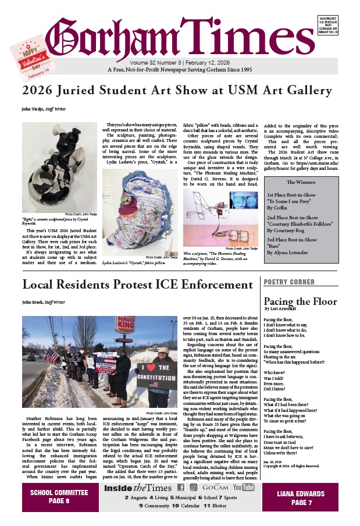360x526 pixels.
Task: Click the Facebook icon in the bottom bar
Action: pos(181,487)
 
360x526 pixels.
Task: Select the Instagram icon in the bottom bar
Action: pos(194,487)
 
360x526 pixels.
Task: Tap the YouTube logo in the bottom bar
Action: pos(244,487)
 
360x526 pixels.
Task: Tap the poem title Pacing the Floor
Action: pos(300,301)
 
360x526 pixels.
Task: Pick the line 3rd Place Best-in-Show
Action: pos(291,239)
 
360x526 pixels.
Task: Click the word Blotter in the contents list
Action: pos(216,506)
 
